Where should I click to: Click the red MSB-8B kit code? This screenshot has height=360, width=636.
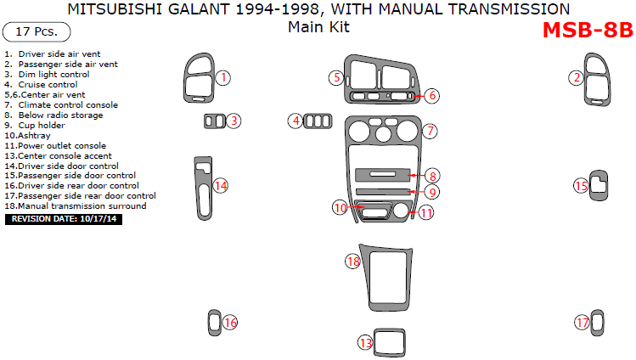coord(587,30)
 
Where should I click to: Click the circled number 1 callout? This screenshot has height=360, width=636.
coord(222,78)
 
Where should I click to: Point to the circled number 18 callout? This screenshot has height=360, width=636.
coord(353,262)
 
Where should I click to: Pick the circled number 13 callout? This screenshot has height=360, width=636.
coord(365,343)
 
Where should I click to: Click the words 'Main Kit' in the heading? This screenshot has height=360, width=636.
coord(318,27)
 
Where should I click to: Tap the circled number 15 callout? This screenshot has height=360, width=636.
coord(582,186)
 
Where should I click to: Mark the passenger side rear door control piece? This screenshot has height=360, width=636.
coord(598,322)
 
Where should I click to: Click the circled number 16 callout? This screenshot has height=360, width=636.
coord(229,323)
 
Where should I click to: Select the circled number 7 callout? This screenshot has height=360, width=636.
coord(431,132)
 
